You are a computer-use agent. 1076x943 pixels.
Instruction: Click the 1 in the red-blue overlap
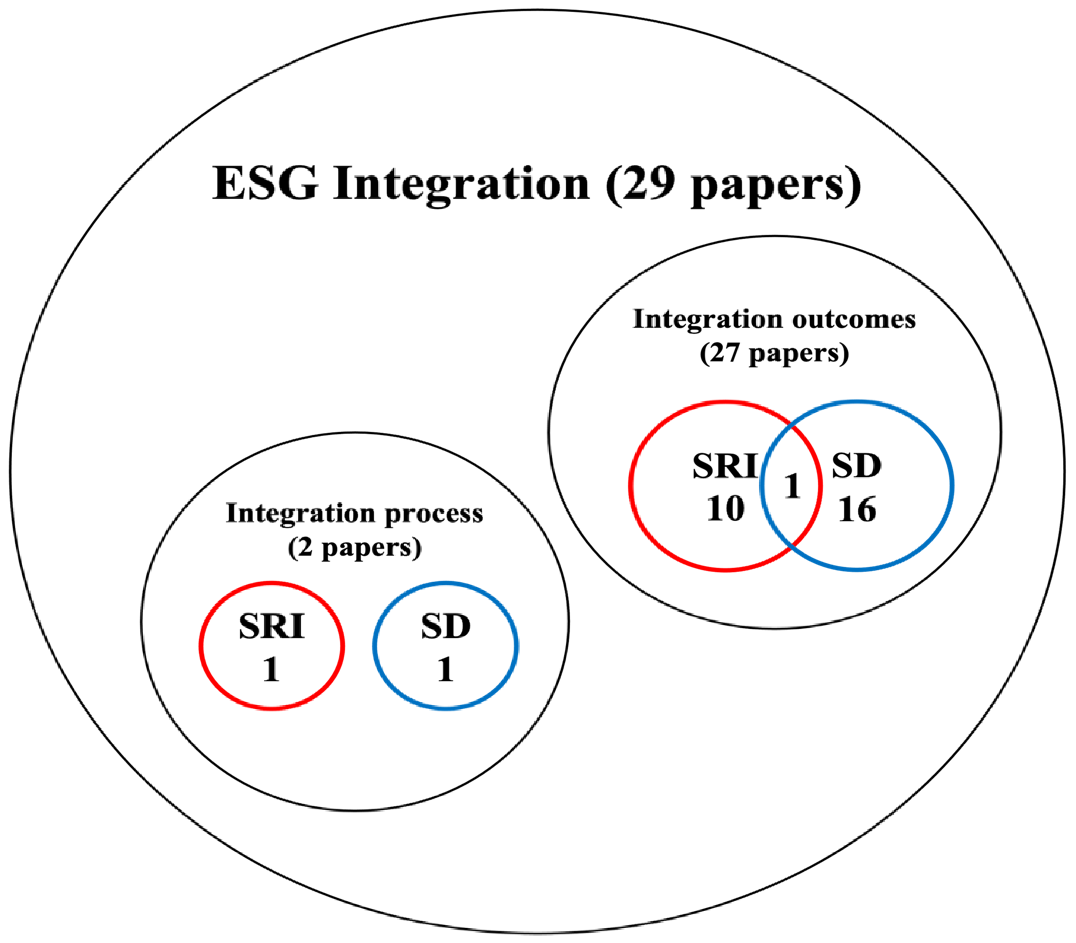[x=792, y=486]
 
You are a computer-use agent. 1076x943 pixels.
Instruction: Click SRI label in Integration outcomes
[x=724, y=466]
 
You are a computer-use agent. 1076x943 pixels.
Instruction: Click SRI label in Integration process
[x=272, y=626]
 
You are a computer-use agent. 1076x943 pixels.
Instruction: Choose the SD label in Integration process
[x=446, y=626]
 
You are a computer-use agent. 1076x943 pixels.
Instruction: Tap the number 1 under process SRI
[x=272, y=670]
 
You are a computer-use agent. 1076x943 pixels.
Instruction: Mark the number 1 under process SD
[x=446, y=670]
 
